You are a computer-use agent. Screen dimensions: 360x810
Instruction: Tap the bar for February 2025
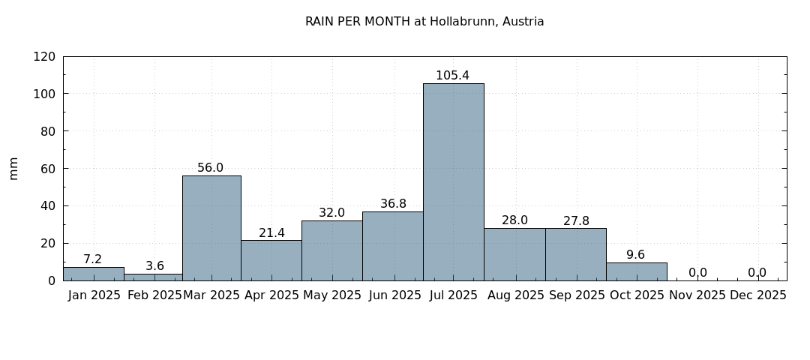point(153,277)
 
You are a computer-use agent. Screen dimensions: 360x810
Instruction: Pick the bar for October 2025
point(636,271)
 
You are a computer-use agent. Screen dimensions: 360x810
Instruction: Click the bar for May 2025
point(331,250)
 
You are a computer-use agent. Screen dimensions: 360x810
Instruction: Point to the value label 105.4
point(452,76)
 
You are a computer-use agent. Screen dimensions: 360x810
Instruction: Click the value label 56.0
point(210,168)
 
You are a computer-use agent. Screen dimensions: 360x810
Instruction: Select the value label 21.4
point(271,233)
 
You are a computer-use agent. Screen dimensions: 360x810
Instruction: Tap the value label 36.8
point(393,204)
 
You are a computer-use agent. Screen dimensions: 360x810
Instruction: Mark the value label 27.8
point(576,221)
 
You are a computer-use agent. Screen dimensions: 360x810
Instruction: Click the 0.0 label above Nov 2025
point(697,273)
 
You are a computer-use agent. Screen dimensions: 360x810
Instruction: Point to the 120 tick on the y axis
point(44,57)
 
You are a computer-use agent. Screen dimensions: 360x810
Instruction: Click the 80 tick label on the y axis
point(47,131)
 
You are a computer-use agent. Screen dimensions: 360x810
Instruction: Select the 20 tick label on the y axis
point(47,243)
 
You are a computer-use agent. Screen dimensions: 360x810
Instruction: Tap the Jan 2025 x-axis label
point(94,295)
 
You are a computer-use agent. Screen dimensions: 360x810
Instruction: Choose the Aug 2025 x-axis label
point(514,295)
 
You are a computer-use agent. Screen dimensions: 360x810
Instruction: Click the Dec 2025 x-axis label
point(757,295)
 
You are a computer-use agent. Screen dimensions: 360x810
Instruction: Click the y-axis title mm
point(13,168)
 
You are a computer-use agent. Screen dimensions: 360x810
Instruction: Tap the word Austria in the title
point(524,22)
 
